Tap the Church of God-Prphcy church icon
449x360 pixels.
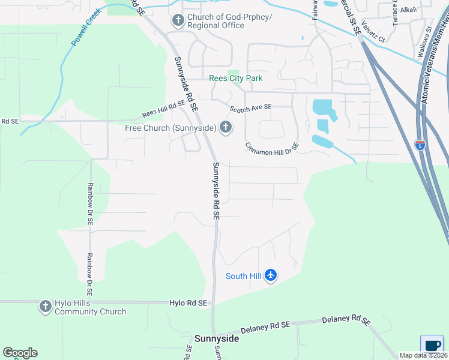pyautogui.click(x=178, y=21)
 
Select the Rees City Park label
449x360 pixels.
pyautogui.click(x=235, y=78)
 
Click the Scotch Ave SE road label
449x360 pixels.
pyautogui.click(x=251, y=107)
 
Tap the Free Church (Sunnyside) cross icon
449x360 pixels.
pyautogui.click(x=226, y=127)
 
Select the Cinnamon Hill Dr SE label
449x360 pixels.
pyautogui.click(x=272, y=147)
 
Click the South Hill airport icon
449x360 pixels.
pyautogui.click(x=271, y=275)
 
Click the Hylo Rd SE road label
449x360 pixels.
pyautogui.click(x=188, y=304)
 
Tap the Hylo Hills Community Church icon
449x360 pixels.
pyautogui.click(x=45, y=307)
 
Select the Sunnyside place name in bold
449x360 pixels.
pyautogui.click(x=216, y=338)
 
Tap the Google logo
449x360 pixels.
pyautogui.click(x=20, y=353)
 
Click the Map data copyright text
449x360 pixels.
pyautogui.click(x=423, y=356)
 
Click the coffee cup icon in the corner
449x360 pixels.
pyautogui.click(x=432, y=345)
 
